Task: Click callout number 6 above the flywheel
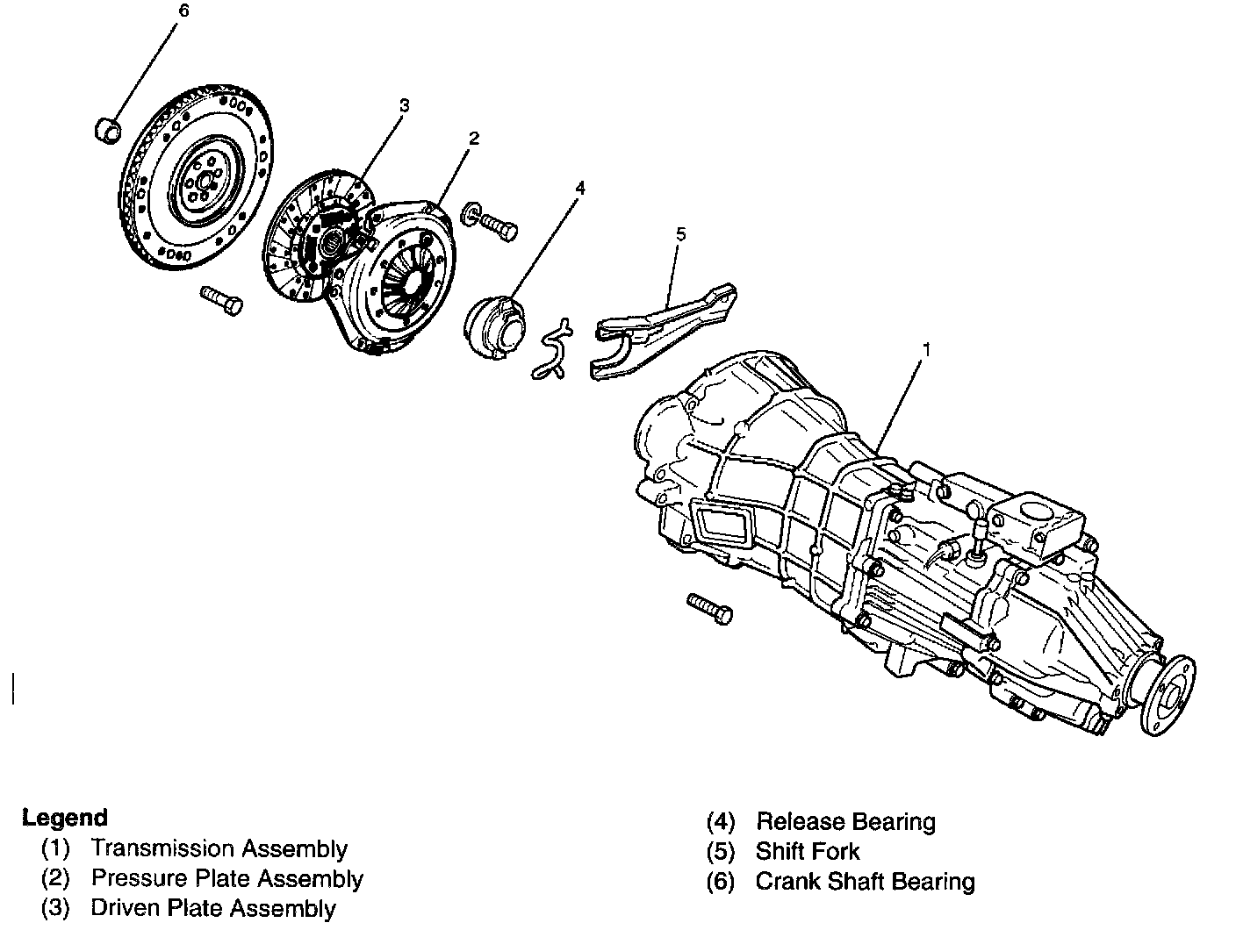click(x=182, y=12)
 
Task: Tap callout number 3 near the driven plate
click(x=404, y=105)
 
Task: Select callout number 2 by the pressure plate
click(x=473, y=138)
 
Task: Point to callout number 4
click(x=579, y=188)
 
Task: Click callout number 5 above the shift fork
click(x=681, y=234)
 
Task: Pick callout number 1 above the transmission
click(x=925, y=348)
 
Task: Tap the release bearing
click(x=493, y=329)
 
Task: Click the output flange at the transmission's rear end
click(x=1170, y=695)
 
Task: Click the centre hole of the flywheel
click(x=201, y=182)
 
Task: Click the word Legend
click(x=65, y=818)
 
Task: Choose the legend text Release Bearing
click(x=845, y=822)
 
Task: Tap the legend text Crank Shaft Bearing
click(x=865, y=882)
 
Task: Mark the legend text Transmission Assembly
click(x=219, y=848)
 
